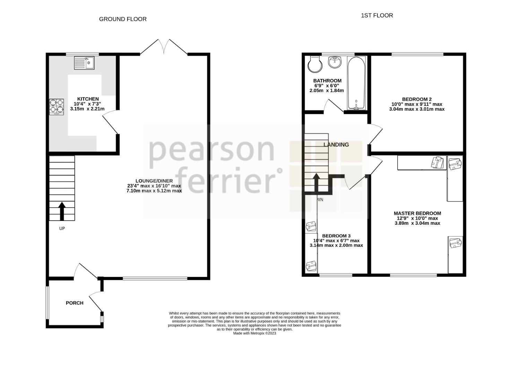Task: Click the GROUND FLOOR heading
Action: point(123,19)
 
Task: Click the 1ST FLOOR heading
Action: point(377,15)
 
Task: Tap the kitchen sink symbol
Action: point(84,63)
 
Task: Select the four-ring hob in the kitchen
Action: point(57,107)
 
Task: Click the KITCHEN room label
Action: point(88,99)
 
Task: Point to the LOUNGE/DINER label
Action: point(154,181)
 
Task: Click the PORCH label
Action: point(75,303)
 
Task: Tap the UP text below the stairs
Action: point(62,229)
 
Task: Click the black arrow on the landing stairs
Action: point(316,182)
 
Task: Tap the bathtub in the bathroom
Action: point(356,83)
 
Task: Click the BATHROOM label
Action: point(327,81)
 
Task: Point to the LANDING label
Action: point(336,145)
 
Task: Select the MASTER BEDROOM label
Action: point(417,213)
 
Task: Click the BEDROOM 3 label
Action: point(336,236)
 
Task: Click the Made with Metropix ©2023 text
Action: point(254,333)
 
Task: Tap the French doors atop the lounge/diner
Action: point(164,47)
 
